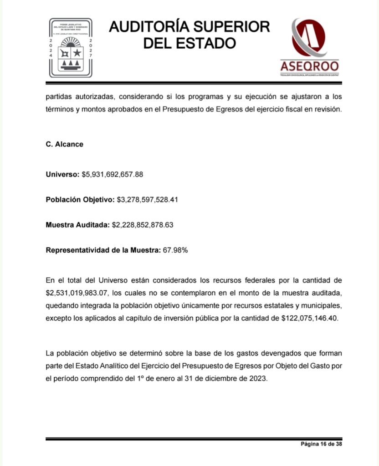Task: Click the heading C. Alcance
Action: pyautogui.click(x=64, y=144)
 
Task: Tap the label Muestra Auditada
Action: pyautogui.click(x=77, y=224)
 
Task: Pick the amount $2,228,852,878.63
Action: pyautogui.click(x=143, y=224)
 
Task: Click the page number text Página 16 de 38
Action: pyautogui.click(x=321, y=445)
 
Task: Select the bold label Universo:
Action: pyautogui.click(x=62, y=174)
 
